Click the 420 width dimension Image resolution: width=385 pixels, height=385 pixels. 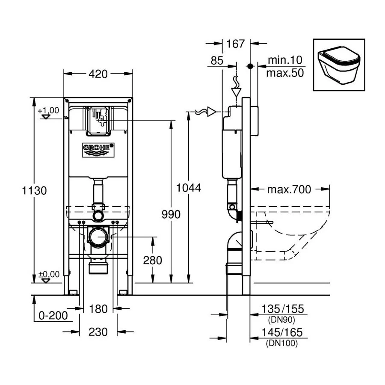click(x=98, y=74)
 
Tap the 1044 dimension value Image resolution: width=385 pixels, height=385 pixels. click(x=189, y=187)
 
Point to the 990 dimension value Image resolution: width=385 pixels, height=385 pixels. click(x=171, y=214)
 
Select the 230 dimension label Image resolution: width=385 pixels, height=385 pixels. click(x=98, y=332)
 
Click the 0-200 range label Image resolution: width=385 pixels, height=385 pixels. click(x=53, y=316)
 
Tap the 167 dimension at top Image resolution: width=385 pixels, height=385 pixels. click(x=236, y=43)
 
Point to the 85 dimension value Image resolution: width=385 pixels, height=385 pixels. click(x=217, y=61)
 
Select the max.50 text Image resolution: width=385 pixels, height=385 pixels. click(x=284, y=73)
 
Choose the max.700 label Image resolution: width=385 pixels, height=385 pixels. click(x=289, y=189)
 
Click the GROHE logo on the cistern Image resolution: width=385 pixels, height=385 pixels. click(x=98, y=148)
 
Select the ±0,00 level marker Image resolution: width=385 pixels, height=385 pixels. click(x=48, y=274)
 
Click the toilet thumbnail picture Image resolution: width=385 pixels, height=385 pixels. click(x=339, y=65)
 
